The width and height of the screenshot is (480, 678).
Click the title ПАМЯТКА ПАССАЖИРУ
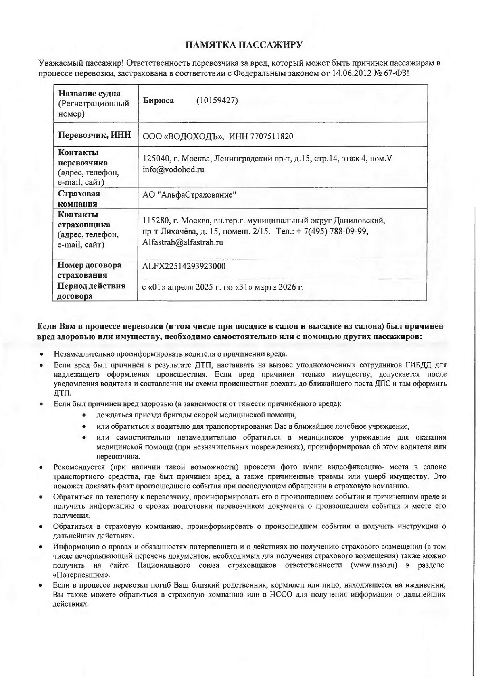[244, 45]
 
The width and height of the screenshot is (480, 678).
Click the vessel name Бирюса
[158, 100]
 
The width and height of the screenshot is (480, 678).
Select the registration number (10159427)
[217, 100]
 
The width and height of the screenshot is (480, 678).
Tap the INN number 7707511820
[272, 136]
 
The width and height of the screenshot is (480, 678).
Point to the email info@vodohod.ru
[173, 169]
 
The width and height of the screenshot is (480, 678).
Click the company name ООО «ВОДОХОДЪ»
[184, 136]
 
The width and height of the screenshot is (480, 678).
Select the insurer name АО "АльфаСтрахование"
[189, 195]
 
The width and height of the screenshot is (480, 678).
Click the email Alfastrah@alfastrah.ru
[183, 242]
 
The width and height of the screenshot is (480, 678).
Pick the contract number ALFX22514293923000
[184, 266]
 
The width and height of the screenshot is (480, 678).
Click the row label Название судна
[89, 94]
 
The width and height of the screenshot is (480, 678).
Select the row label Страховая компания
[79, 198]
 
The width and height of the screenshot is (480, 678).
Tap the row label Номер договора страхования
[89, 270]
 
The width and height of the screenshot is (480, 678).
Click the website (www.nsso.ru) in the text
[374, 565]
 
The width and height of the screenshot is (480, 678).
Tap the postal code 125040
[156, 159]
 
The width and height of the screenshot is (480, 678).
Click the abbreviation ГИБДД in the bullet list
[419, 365]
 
